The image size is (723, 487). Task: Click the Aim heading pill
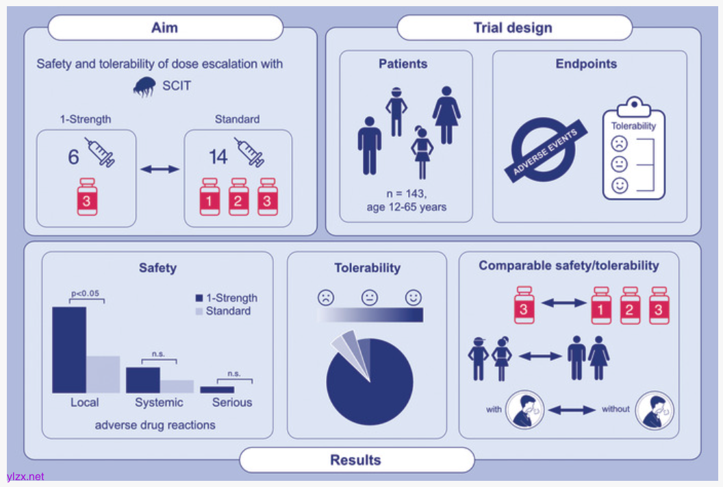(x=165, y=28)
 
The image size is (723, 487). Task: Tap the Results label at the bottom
(x=356, y=460)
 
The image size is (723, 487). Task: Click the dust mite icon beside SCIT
(x=146, y=86)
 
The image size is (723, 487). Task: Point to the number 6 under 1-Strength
(x=73, y=158)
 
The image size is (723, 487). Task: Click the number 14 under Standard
(x=218, y=158)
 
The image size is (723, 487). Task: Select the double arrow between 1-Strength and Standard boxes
(x=160, y=168)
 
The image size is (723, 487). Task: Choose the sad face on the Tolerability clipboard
(x=620, y=144)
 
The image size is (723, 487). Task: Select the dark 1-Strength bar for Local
(x=69, y=349)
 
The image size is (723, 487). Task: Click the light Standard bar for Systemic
(x=177, y=386)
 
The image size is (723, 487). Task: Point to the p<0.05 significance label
(x=86, y=294)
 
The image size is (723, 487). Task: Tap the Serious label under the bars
(x=232, y=403)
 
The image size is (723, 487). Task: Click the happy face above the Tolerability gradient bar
(x=413, y=298)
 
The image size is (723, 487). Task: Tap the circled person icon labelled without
(x=655, y=410)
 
